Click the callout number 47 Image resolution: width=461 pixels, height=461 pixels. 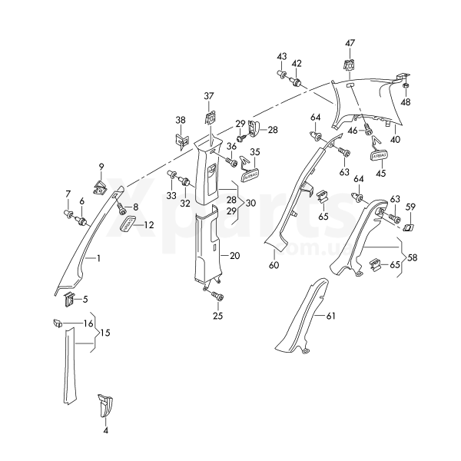[350, 42]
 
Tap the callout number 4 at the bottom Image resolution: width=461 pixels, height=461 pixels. [106, 431]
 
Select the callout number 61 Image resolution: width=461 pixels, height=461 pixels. [331, 316]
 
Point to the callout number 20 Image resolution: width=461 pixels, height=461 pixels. [235, 255]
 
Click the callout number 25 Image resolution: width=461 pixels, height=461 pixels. [217, 316]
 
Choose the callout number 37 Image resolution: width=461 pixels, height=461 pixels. [208, 96]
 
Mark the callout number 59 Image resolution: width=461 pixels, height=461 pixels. [411, 207]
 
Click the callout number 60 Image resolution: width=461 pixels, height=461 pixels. [274, 264]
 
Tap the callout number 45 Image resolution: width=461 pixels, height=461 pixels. [379, 173]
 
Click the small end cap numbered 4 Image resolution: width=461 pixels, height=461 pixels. [105, 405]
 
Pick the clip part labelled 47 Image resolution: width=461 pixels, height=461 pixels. [349, 66]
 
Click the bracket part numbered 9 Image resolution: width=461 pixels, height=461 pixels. [101, 185]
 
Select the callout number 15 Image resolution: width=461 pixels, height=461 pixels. [104, 333]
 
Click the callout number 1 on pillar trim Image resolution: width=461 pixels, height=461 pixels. [98, 259]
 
